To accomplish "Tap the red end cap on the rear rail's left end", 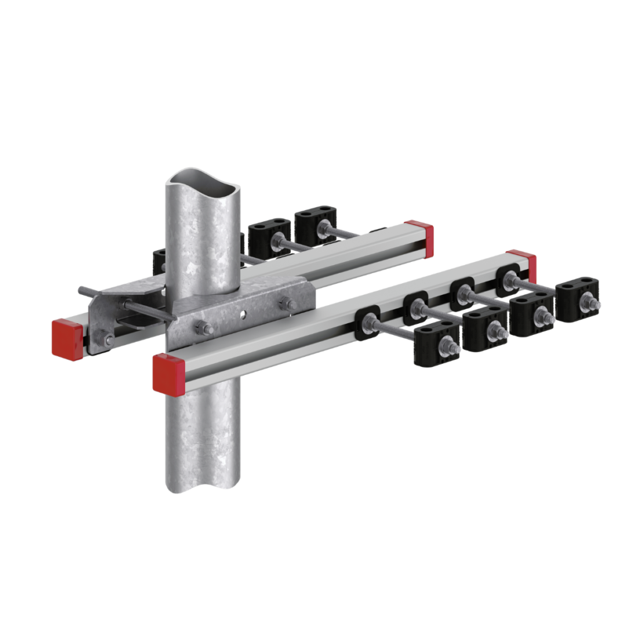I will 67,338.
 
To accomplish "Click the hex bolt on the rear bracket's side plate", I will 109,339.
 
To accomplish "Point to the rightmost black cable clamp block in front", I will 579,301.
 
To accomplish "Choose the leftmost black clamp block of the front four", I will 438,345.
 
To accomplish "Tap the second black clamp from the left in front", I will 486,329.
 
